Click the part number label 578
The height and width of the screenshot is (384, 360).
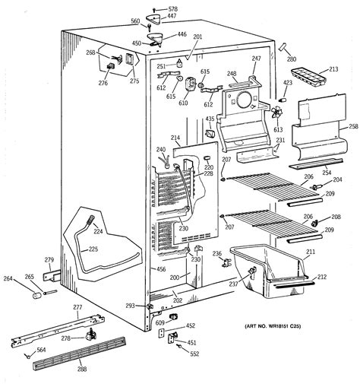[x=175, y=8]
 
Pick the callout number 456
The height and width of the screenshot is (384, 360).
[x=161, y=269]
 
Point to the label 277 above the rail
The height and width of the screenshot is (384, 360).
[x=77, y=306]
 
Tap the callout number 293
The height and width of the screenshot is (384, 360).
[x=130, y=306]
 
